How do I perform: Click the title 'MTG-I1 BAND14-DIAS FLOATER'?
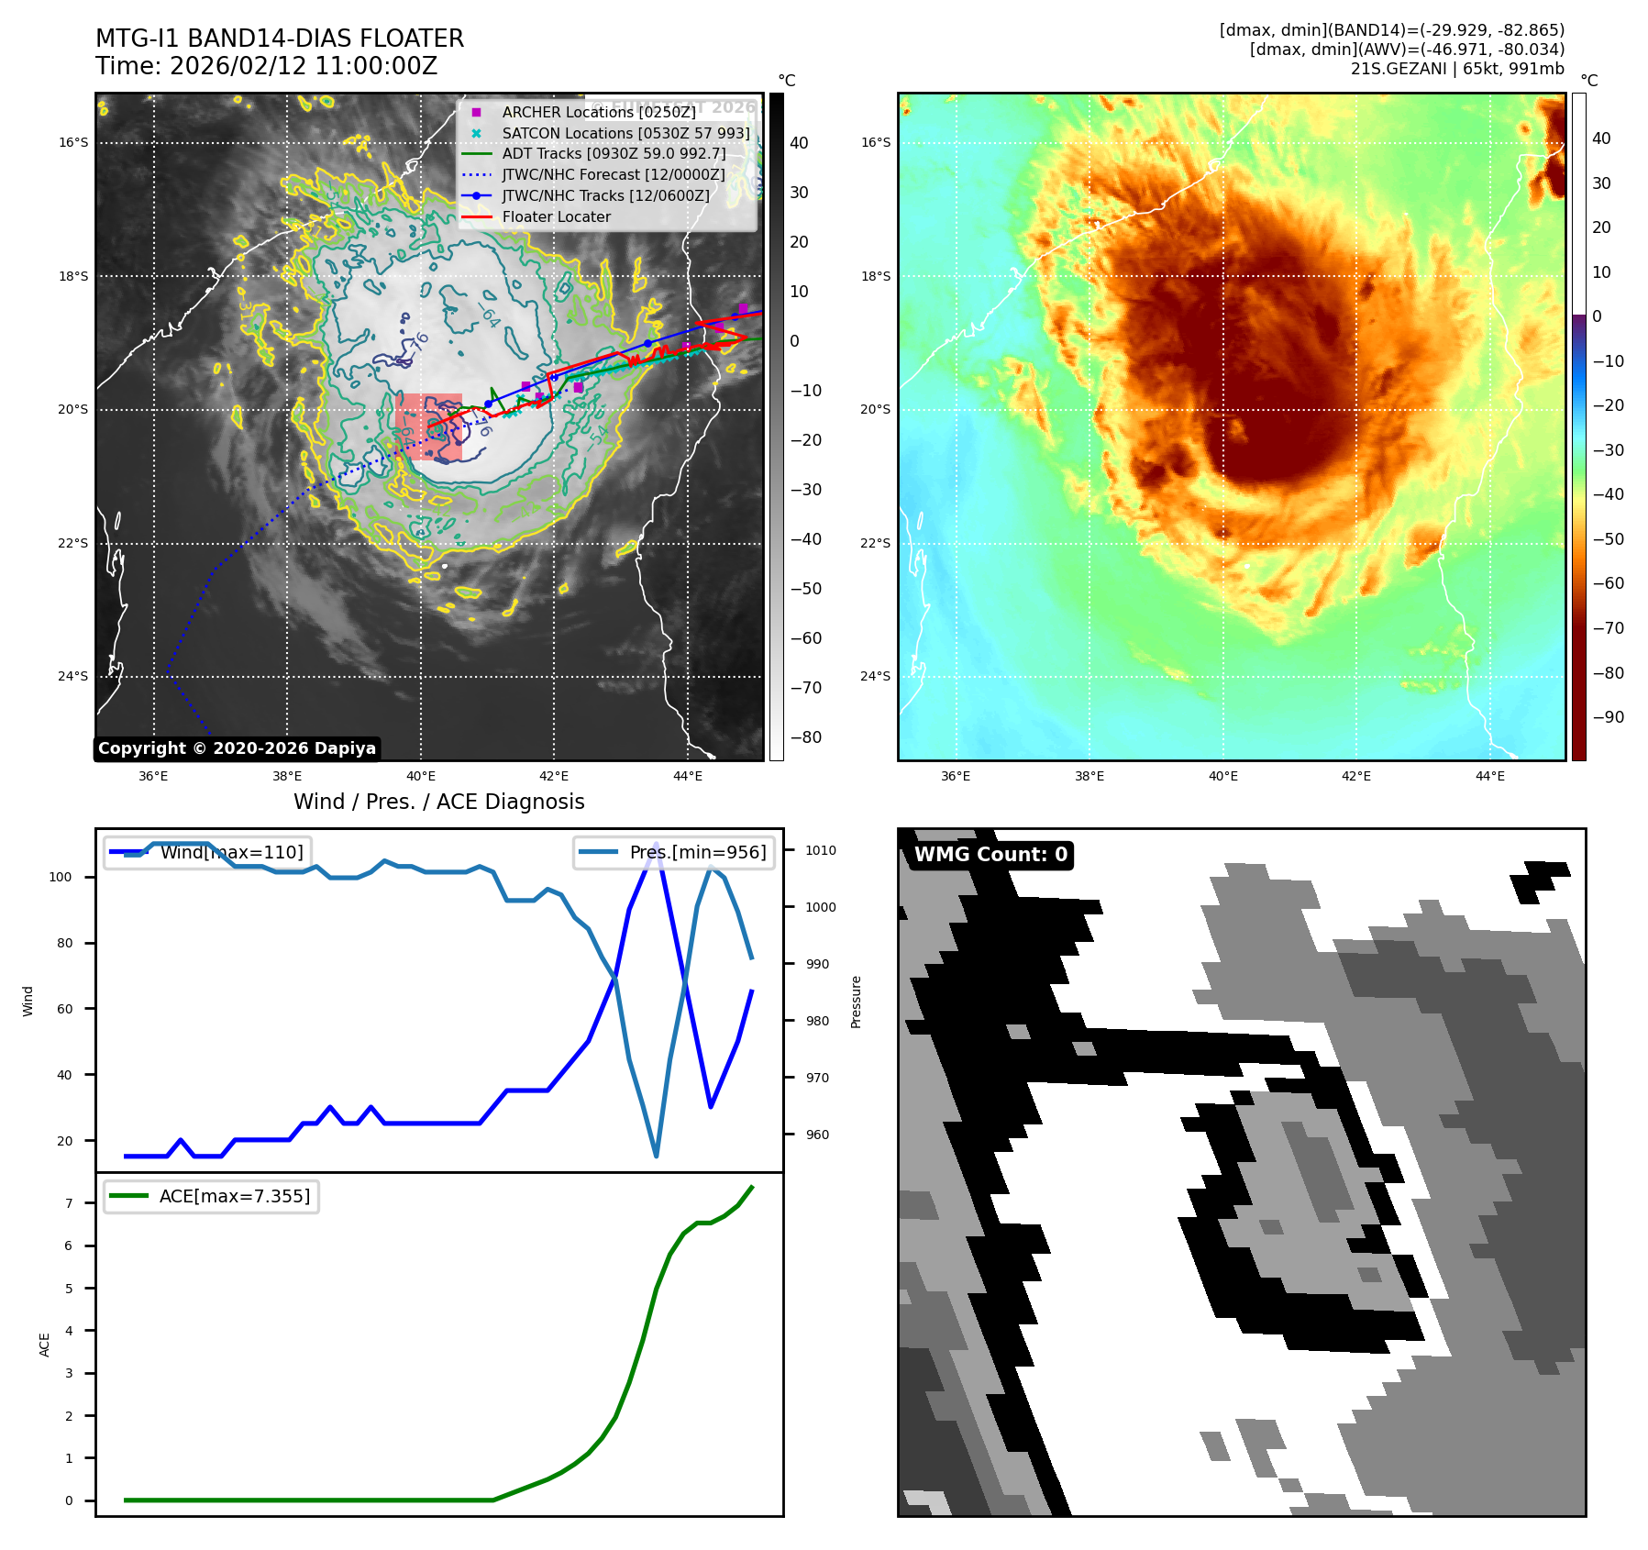tap(280, 39)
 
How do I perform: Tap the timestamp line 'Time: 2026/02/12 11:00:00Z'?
tap(266, 66)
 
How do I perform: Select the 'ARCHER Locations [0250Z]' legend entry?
tap(598, 112)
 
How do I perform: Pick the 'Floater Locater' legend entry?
tap(556, 217)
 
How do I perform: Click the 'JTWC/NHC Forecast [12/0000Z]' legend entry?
tap(613, 175)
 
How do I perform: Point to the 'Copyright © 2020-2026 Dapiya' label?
tap(237, 748)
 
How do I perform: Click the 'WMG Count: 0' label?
tap(990, 855)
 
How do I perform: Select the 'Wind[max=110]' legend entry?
tap(231, 852)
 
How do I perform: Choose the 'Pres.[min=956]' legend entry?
tap(697, 852)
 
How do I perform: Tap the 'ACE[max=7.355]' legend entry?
tap(234, 1196)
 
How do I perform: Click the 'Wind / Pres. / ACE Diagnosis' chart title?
tap(438, 802)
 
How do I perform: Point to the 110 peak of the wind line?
tap(656, 843)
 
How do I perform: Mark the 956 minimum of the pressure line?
tap(656, 1156)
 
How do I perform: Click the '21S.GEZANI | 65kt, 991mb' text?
tap(1457, 69)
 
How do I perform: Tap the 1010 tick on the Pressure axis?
tap(820, 850)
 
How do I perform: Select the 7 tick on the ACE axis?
tap(69, 1203)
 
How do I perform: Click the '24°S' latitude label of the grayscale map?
tap(73, 677)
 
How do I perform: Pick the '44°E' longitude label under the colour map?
tap(1489, 776)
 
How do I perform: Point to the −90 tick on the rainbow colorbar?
tap(1608, 717)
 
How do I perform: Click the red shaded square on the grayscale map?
tap(428, 427)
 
